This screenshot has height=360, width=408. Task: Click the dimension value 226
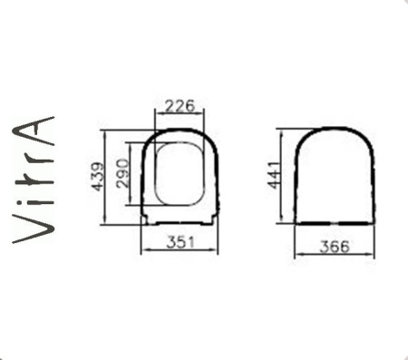180,105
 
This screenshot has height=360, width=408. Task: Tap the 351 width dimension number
180,241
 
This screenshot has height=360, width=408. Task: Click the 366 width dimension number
335,247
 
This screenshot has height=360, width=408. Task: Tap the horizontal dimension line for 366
335,257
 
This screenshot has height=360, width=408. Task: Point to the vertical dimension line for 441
285,177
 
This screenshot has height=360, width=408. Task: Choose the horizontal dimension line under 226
180,114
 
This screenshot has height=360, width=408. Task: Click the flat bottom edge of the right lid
335,220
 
